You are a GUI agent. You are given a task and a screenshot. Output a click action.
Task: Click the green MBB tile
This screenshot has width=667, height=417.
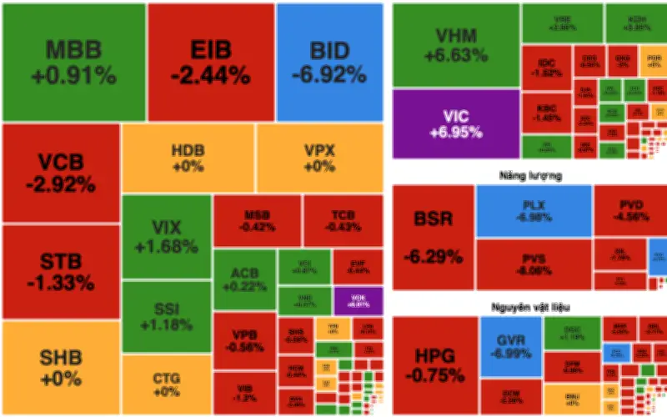[73, 63]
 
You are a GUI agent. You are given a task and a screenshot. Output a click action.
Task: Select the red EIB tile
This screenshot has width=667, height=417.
[210, 63]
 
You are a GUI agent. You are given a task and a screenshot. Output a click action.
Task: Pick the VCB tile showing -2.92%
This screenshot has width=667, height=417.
[60, 173]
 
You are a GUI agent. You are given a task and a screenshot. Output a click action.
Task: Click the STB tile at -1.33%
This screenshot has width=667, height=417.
[60, 271]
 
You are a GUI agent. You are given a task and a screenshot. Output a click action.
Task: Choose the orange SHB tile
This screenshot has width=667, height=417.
[60, 368]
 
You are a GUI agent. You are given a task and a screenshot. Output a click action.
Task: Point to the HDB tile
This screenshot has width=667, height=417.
[188, 158]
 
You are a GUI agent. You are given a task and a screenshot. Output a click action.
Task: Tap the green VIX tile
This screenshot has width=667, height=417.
[166, 237]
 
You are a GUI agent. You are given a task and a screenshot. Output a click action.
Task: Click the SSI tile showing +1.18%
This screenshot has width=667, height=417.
[166, 316]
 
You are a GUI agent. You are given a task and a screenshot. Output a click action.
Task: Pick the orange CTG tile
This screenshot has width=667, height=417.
[166, 384]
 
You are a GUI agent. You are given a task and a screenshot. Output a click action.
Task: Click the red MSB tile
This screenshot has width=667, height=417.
[257, 220]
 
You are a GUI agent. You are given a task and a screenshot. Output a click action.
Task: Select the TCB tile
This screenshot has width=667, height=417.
[342, 220]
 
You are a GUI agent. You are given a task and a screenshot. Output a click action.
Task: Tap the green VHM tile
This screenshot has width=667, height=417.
[455, 46]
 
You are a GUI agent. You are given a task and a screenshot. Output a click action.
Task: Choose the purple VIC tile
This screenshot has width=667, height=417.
[455, 123]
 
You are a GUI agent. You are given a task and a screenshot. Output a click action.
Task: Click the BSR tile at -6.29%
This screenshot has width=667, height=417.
[433, 237]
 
